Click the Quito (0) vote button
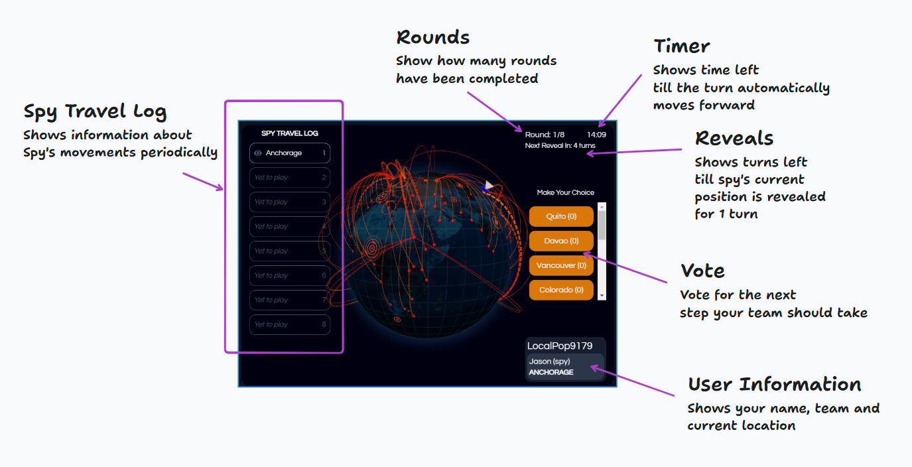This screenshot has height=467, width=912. pyautogui.click(x=561, y=216)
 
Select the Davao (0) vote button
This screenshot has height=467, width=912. pyautogui.click(x=561, y=241)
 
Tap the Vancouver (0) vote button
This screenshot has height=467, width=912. pyautogui.click(x=561, y=265)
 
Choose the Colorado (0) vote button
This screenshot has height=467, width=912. pyautogui.click(x=561, y=290)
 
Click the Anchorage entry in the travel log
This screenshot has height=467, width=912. pyautogui.click(x=290, y=153)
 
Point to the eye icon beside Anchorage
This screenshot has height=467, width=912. pyautogui.click(x=258, y=153)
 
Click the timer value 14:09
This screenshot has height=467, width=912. pyautogui.click(x=596, y=135)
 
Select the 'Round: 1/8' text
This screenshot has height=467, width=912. pyautogui.click(x=545, y=135)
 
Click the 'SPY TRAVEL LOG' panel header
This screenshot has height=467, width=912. pyautogui.click(x=290, y=133)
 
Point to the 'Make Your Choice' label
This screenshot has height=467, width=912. pyautogui.click(x=566, y=192)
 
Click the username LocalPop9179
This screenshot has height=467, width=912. pyautogui.click(x=560, y=346)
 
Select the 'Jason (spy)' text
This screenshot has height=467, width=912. pyautogui.click(x=549, y=362)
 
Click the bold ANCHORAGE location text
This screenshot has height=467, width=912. pyautogui.click(x=551, y=373)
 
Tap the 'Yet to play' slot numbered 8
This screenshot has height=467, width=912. pyautogui.click(x=290, y=324)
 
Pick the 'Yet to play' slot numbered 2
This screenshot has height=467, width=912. pyautogui.click(x=290, y=178)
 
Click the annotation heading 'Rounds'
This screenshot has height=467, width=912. pyautogui.click(x=432, y=37)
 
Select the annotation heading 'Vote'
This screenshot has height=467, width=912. pyautogui.click(x=702, y=271)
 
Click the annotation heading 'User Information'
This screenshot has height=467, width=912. pyautogui.click(x=774, y=384)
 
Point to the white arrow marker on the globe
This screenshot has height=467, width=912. pyautogui.click(x=489, y=185)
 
